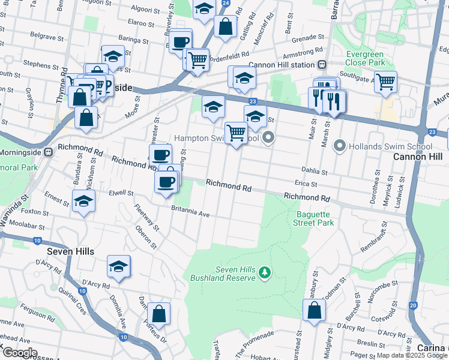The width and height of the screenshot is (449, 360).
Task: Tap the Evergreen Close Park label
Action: click(365, 58)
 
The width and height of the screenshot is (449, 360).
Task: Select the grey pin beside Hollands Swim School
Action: click(340, 146)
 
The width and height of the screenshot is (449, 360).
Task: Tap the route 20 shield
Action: click(414, 305)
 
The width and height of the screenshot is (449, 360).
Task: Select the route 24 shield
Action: click(225, 3)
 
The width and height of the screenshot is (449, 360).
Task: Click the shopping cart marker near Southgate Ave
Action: click(385, 81)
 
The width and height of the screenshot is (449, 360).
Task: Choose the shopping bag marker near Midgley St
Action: click(314, 310)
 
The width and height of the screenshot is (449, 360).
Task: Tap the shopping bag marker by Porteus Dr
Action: click(158, 313)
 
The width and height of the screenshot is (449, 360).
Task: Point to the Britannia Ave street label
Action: click(190, 214)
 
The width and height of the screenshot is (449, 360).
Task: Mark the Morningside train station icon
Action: click(50, 152)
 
